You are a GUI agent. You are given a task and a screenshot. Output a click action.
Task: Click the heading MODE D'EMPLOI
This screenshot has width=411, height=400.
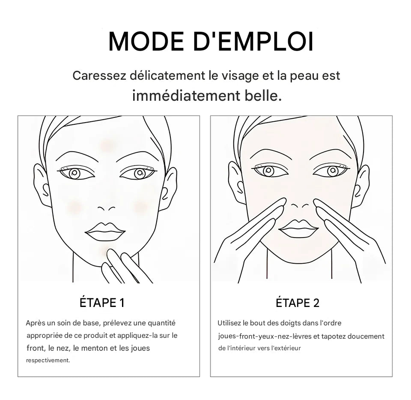(x=211, y=41)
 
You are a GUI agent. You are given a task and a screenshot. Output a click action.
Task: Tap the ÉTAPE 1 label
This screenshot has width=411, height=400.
(x=102, y=303)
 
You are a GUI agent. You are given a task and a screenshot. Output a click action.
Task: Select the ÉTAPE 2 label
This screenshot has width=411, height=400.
(x=298, y=303)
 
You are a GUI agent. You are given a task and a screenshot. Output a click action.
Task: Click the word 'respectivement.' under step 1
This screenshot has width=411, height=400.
(x=48, y=361)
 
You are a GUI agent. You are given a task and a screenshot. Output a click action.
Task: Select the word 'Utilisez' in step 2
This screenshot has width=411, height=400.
(x=229, y=323)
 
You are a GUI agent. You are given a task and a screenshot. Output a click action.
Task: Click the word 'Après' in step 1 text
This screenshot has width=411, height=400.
(x=35, y=323)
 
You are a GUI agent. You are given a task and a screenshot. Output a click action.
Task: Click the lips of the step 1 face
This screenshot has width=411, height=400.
(x=105, y=232)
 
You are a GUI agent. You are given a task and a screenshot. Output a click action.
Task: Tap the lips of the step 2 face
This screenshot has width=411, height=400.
(x=298, y=228)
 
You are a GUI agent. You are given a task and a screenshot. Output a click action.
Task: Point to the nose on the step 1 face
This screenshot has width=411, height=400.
(x=106, y=208)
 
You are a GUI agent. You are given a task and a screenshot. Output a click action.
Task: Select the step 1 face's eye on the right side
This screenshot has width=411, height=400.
(x=139, y=173)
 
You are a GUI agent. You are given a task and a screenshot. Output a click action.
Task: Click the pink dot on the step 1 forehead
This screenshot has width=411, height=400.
(x=106, y=145)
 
